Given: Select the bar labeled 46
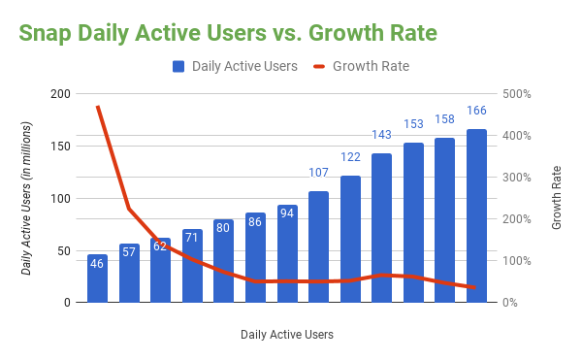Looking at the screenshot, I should point(97,278).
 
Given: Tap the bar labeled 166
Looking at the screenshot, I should point(476,215).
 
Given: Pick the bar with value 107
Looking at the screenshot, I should point(318,246).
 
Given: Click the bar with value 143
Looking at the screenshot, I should point(381,228).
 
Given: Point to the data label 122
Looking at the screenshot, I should point(350,157).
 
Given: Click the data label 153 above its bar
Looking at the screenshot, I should point(413,124).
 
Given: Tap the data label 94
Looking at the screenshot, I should point(287,212).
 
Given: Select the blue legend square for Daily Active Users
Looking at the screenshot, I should point(179,67).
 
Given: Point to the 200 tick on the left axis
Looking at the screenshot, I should point(61,94).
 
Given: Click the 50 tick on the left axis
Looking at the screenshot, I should point(64,250).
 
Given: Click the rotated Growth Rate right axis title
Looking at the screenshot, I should point(557,198).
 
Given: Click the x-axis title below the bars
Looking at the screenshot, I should point(287,335).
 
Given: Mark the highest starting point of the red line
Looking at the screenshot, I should point(97,106).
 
